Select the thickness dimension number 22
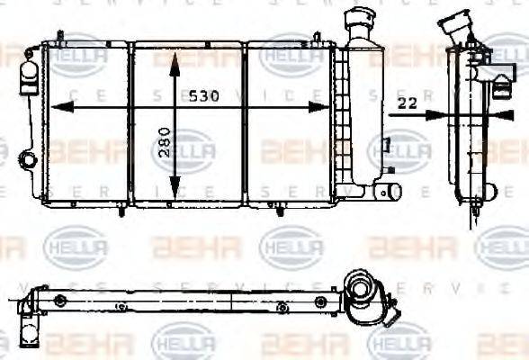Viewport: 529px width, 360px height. [x=407, y=103]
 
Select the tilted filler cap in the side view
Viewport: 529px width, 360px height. [x=454, y=24]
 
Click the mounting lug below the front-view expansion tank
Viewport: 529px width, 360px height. [x=390, y=192]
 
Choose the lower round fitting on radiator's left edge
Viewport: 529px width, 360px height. [x=23, y=153]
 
